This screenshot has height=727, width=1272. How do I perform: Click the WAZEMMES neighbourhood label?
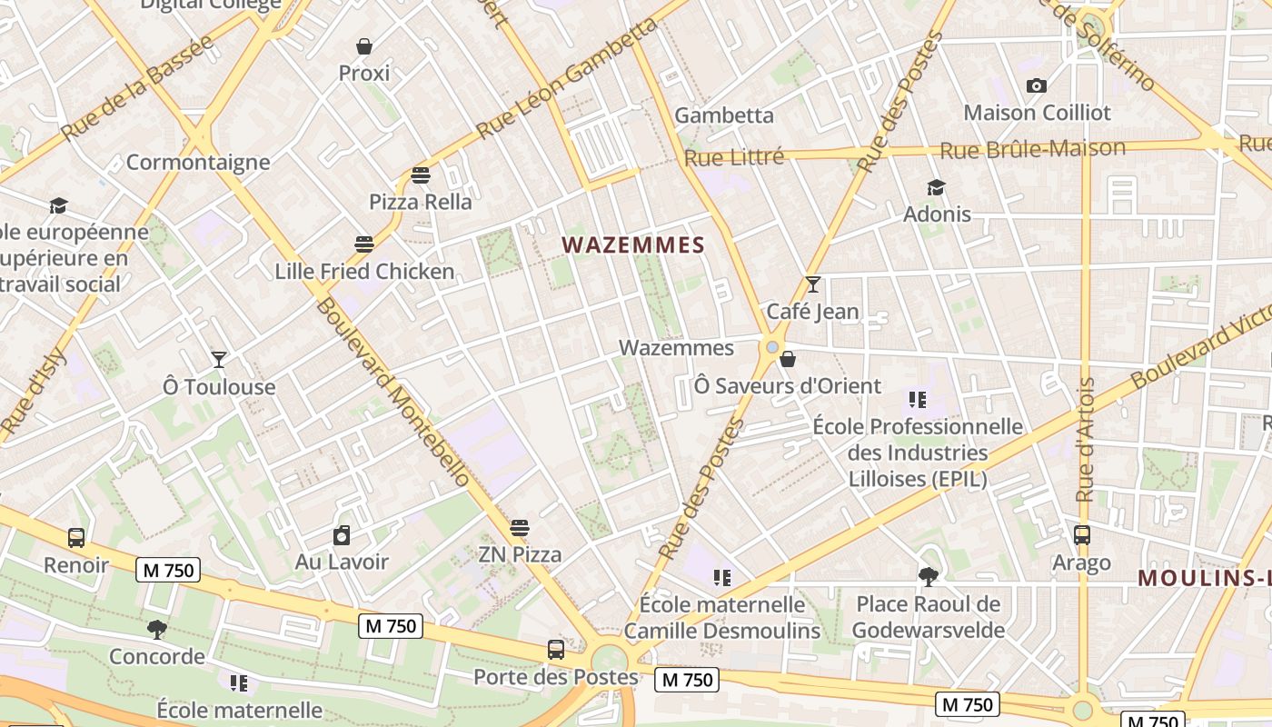point(633,244)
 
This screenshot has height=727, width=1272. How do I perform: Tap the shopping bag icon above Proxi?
point(364,46)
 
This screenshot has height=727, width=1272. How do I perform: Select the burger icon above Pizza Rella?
point(420,174)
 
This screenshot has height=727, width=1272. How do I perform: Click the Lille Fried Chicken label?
point(364,271)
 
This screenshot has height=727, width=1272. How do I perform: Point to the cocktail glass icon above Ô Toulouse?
point(218,360)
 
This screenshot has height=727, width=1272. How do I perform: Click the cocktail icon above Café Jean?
point(812,284)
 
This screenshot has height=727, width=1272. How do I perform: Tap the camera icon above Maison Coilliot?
point(1036,86)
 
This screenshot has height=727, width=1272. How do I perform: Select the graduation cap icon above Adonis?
point(936,188)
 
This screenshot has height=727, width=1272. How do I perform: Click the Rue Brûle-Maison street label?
point(1032,149)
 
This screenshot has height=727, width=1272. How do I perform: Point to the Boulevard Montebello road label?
point(393,391)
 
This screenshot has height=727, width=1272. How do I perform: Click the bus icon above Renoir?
point(76,538)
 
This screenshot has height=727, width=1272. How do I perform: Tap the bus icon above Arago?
point(1081,535)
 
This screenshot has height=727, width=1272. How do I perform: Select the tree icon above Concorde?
point(156,629)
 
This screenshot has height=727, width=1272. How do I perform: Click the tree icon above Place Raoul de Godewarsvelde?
point(928,576)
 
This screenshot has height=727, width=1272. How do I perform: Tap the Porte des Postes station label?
point(556,677)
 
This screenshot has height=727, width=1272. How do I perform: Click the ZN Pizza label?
point(520,554)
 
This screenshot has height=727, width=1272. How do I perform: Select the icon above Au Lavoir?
point(342,536)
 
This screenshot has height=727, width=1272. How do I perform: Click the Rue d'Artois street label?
point(1085,440)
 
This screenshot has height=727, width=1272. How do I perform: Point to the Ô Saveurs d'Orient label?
point(787,385)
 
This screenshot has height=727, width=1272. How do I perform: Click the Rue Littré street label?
point(733,157)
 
